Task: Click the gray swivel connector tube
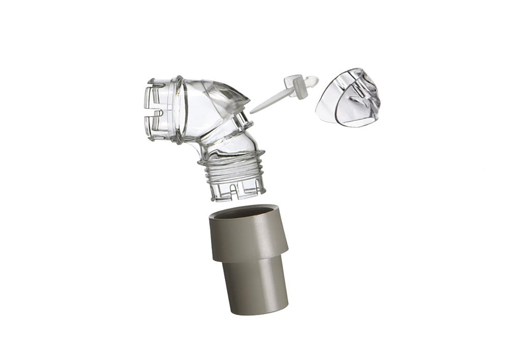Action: point(249,260)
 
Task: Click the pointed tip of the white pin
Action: point(253,110)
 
